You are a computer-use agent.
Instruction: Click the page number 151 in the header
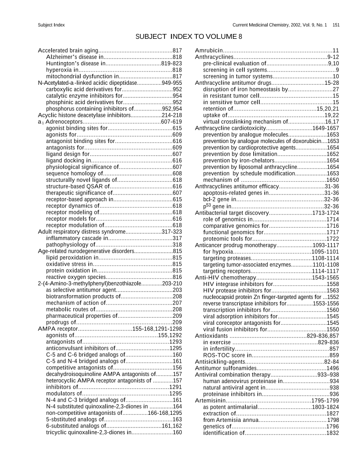coord(335,25)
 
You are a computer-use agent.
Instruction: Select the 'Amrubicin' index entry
coord(209,51)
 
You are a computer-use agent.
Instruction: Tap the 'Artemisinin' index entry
coord(210,400)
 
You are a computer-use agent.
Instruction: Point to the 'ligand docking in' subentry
coord(68,161)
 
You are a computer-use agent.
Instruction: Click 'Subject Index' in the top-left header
coord(51,25)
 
